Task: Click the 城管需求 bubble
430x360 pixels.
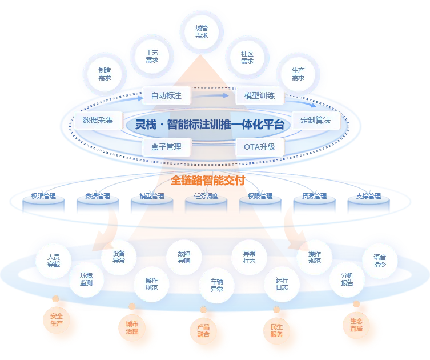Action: pyautogui.click(x=202, y=32)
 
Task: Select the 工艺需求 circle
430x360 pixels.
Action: pyautogui.click(x=152, y=56)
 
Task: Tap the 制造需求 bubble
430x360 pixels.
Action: pyautogui.click(x=105, y=74)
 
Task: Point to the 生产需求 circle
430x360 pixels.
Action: pyautogui.click(x=298, y=74)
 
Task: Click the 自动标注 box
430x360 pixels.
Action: pyautogui.click(x=166, y=95)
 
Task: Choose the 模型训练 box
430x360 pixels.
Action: pyautogui.click(x=259, y=95)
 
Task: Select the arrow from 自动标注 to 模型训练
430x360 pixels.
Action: pyautogui.click(x=211, y=96)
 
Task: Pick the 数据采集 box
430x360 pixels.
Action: pyautogui.click(x=98, y=120)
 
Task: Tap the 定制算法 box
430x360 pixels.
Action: pyautogui.click(x=315, y=120)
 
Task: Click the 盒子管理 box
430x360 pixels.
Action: pyautogui.click(x=166, y=147)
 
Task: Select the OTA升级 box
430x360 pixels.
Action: pyautogui.click(x=259, y=147)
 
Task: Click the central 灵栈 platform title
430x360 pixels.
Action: pyautogui.click(x=210, y=125)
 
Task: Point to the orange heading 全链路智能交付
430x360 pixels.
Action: pyautogui.click(x=208, y=181)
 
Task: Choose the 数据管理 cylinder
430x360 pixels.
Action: pyautogui.click(x=98, y=202)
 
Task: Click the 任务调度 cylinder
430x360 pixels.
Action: pyautogui.click(x=206, y=202)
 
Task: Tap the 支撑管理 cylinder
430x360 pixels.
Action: pyautogui.click(x=368, y=202)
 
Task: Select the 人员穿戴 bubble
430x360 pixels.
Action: pyautogui.click(x=54, y=261)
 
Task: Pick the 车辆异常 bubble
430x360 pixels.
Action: pyautogui.click(x=216, y=285)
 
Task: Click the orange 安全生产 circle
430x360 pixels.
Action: pyautogui.click(x=57, y=320)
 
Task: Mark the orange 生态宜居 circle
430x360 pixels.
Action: pyautogui.click(x=356, y=325)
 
